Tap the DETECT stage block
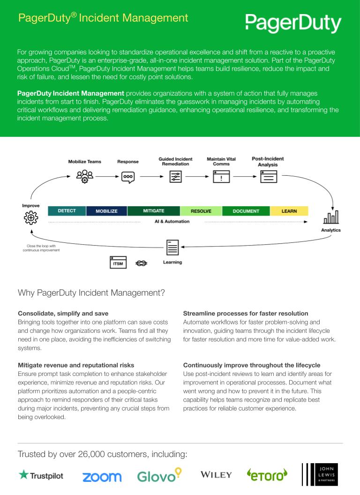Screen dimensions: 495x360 click(x=67, y=211)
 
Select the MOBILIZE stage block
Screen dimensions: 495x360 click(x=106, y=211)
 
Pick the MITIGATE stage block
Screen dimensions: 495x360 click(x=153, y=211)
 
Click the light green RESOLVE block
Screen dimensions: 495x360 click(x=201, y=211)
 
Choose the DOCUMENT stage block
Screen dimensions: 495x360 click(x=246, y=211)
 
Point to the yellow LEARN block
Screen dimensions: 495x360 click(x=289, y=211)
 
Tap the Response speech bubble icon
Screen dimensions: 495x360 click(x=128, y=177)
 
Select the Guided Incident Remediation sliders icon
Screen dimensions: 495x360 click(x=175, y=177)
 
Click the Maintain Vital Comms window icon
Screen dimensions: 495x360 click(x=221, y=177)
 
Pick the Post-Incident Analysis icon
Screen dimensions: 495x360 click(x=269, y=176)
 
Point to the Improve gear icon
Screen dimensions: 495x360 click(x=30, y=218)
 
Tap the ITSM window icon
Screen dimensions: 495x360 click(x=118, y=263)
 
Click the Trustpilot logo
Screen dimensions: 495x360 click(x=41, y=476)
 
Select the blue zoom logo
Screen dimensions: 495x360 click(x=102, y=477)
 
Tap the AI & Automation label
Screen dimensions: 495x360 click(x=172, y=221)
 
